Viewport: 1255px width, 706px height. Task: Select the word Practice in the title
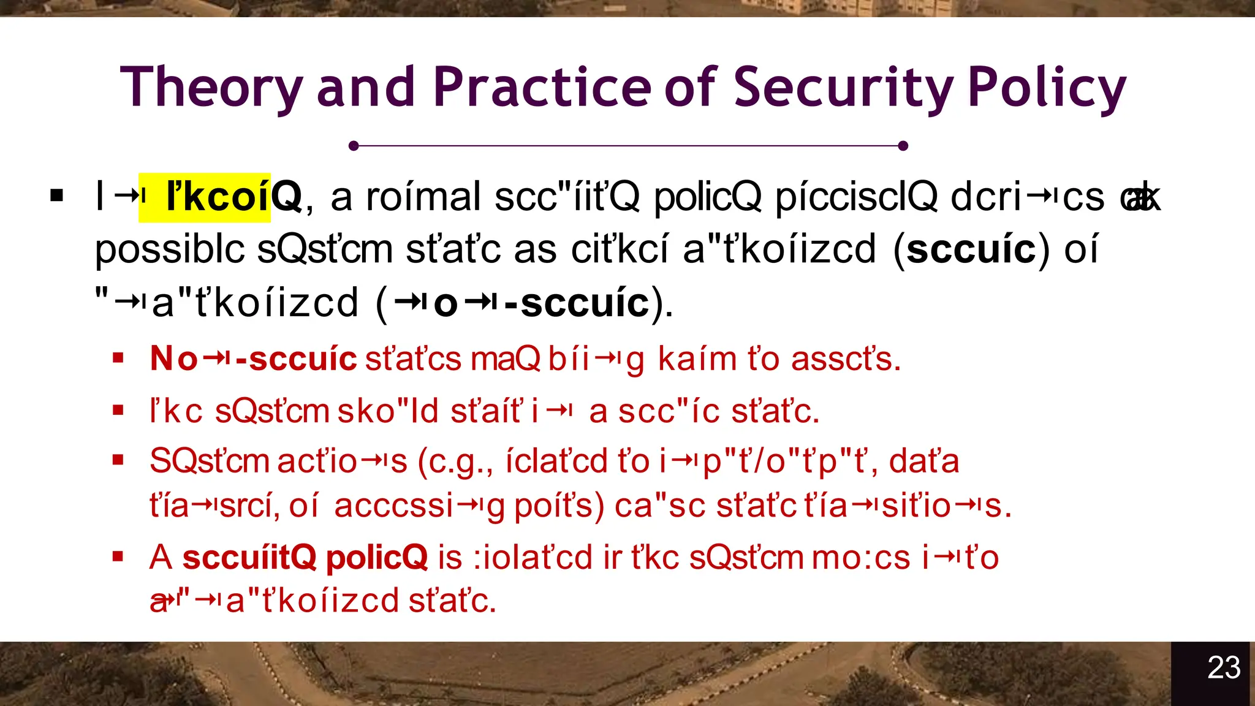tap(542, 88)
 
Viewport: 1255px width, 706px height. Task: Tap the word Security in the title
tap(843, 88)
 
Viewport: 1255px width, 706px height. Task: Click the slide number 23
tap(1224, 667)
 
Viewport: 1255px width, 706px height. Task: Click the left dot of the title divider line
tap(354, 146)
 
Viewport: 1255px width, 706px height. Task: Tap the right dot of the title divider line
tap(903, 146)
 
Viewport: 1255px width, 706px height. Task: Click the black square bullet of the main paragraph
tap(57, 196)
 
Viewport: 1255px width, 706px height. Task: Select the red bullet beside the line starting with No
tap(118, 358)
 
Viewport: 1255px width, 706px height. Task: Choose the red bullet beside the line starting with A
tap(118, 556)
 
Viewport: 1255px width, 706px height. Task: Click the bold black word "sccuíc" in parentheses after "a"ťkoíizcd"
tap(971, 249)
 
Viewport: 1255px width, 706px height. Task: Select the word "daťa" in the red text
tap(923, 461)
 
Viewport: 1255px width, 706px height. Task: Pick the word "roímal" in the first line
tap(423, 197)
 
